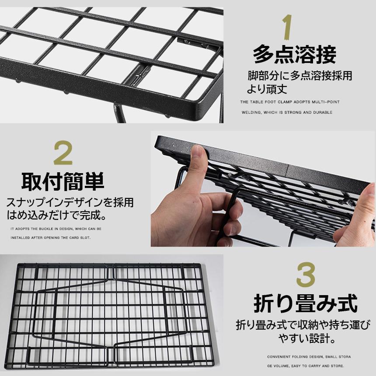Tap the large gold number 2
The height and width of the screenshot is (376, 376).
[x=63, y=153]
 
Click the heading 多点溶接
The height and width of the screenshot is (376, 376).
[x=295, y=56]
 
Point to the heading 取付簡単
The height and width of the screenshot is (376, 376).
[x=63, y=181]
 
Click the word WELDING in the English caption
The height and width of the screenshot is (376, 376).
[x=252, y=112]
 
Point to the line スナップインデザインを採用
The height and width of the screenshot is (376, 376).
[x=70, y=203]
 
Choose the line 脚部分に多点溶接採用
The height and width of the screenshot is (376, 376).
[x=299, y=76]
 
